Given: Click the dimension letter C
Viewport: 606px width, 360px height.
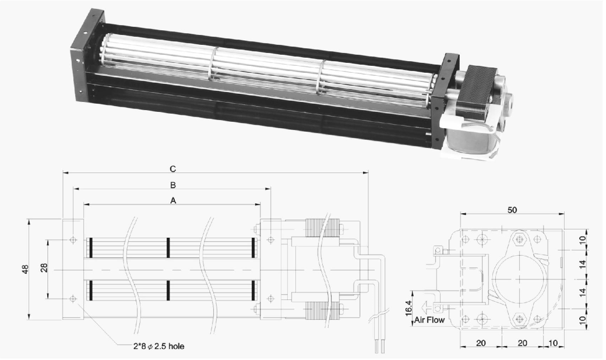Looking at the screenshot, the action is point(172,169).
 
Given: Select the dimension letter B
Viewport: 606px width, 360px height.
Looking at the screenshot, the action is point(173,185).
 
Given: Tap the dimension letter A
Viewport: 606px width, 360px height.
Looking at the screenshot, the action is point(173,200).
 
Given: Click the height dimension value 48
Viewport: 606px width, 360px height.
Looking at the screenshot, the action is point(25,269).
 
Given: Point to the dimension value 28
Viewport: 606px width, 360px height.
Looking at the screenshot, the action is point(44,268).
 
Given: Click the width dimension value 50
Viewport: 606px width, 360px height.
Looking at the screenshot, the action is point(512,210).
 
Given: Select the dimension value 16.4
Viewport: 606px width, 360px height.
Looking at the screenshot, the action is point(409,308).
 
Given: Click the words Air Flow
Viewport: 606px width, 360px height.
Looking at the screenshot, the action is point(429,320).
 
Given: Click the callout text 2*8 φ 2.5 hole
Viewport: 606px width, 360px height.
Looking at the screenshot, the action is point(156,346).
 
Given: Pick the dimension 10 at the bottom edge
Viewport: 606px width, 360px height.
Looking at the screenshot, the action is point(553,343).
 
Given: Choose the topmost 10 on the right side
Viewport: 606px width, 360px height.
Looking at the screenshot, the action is point(583,240).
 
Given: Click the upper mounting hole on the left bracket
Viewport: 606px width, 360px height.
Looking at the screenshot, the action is point(73,240).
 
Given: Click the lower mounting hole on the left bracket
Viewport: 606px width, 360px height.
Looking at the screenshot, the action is point(73,299).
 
